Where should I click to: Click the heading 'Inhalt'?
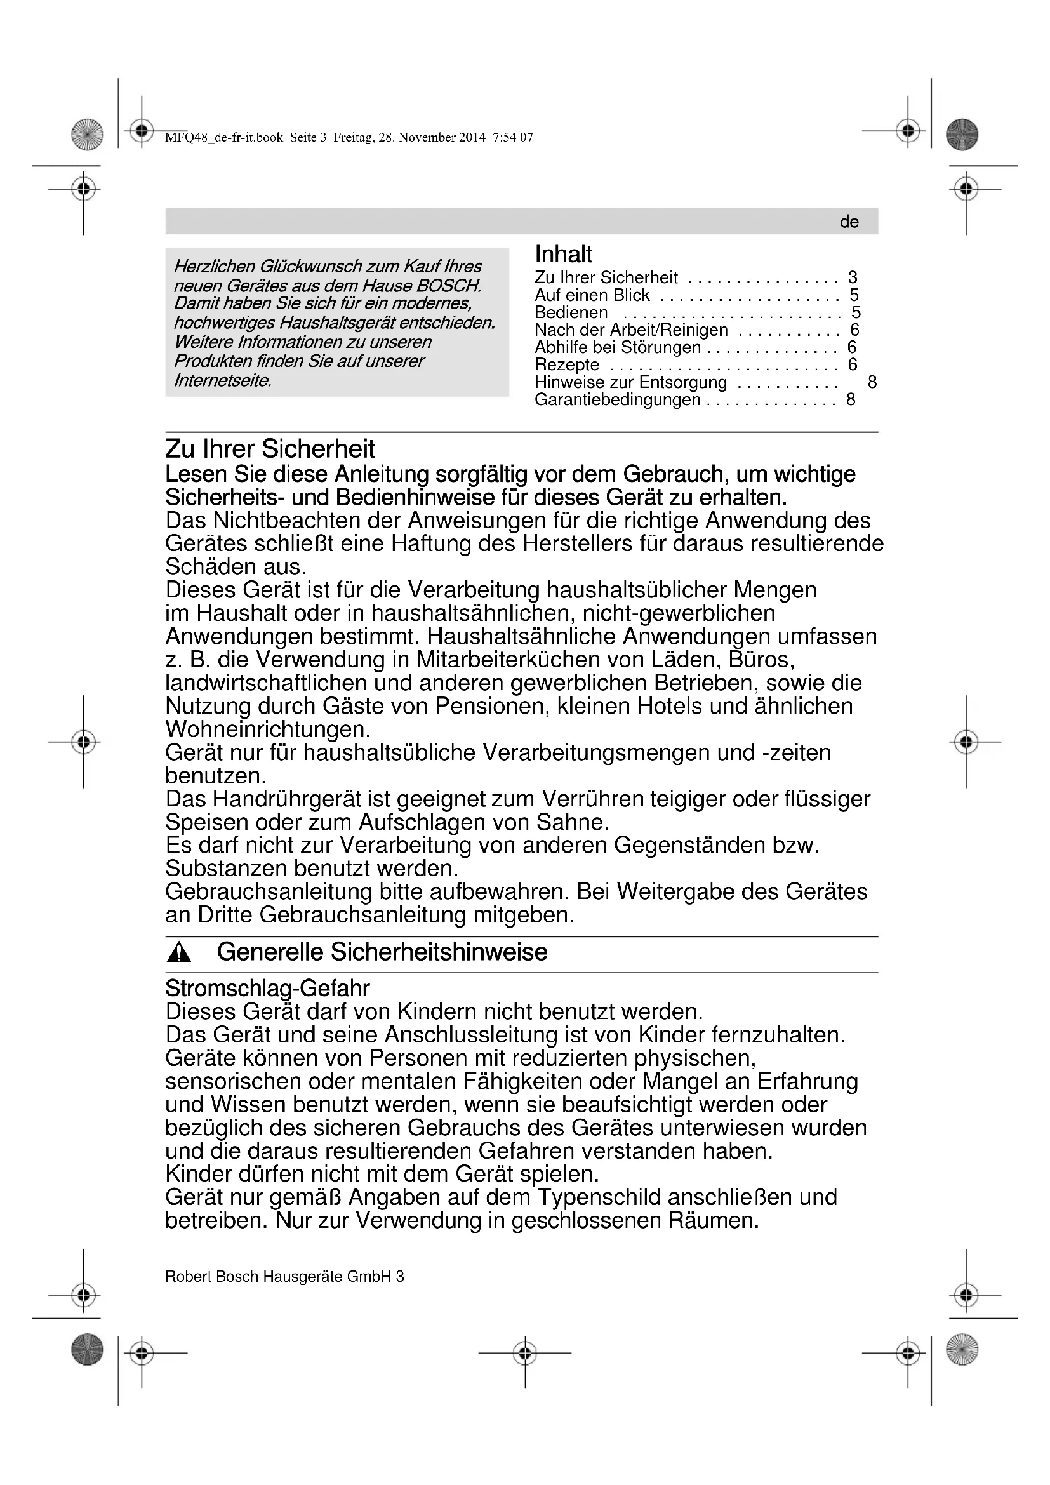coord(563,254)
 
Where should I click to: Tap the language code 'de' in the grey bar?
coord(849,222)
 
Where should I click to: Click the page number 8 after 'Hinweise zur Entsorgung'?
coord(872,382)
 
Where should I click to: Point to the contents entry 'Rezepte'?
coord(567,365)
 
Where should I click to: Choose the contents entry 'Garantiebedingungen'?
coord(618,400)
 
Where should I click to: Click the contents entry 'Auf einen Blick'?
coord(592,296)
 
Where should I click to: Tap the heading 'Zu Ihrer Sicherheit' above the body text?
coord(270,449)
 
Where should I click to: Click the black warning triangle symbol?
coord(178,953)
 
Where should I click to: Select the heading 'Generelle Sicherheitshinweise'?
coord(382,952)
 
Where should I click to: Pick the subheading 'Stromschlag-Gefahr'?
coord(268,989)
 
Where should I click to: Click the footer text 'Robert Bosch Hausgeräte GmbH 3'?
coord(284,1276)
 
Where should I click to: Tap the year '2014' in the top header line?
coord(473,137)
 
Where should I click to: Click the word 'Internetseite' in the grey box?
coord(222,380)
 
